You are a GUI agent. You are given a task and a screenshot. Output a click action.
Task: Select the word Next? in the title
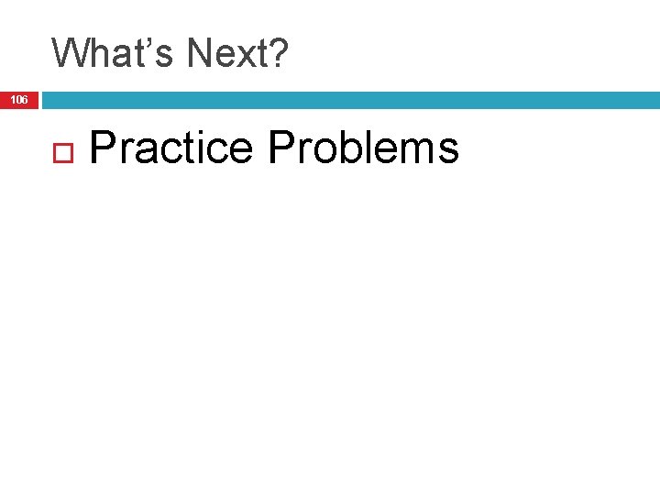[x=236, y=53]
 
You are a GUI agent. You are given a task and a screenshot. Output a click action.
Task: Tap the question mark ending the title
[x=279, y=53]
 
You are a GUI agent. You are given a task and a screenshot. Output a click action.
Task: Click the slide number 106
[x=19, y=99]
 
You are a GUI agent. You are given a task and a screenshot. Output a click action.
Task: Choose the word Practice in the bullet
[x=171, y=148]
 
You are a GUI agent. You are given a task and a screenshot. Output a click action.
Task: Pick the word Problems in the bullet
[x=364, y=148]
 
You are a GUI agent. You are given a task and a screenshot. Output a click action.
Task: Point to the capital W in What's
[x=70, y=53]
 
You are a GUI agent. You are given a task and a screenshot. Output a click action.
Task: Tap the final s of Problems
[x=448, y=151]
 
